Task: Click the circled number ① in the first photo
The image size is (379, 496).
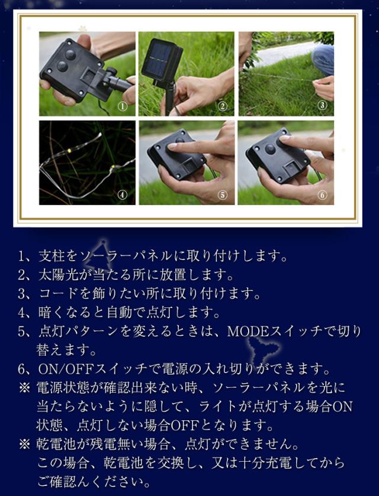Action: tap(123, 106)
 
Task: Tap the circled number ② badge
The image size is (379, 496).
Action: tap(223, 106)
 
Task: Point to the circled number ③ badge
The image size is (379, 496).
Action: tap(322, 105)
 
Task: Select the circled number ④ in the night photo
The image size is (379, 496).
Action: tap(123, 195)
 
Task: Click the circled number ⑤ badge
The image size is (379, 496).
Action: tap(223, 195)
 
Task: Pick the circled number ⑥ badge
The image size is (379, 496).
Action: tap(322, 195)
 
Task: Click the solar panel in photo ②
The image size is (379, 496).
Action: tap(162, 61)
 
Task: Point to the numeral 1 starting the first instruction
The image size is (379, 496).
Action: tap(21, 257)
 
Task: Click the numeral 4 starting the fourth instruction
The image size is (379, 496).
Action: tap(21, 313)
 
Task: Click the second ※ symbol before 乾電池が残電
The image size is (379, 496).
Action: tap(24, 445)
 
